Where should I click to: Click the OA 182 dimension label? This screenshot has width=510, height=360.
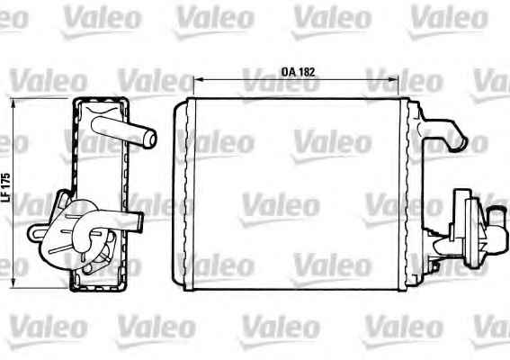[x=298, y=72]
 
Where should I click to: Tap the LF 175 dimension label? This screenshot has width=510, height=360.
[x=6, y=187]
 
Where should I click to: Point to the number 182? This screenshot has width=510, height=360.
[x=306, y=72]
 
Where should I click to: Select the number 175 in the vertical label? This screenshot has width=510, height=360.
[x=6, y=182]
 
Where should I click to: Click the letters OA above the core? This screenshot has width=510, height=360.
[x=288, y=72]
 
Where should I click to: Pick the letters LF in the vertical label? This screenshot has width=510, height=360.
[x=6, y=198]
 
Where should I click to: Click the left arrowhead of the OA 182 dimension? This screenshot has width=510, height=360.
[x=197, y=79]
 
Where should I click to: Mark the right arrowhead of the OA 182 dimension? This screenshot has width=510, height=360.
[x=395, y=79]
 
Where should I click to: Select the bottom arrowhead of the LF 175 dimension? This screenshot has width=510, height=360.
[x=13, y=283]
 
